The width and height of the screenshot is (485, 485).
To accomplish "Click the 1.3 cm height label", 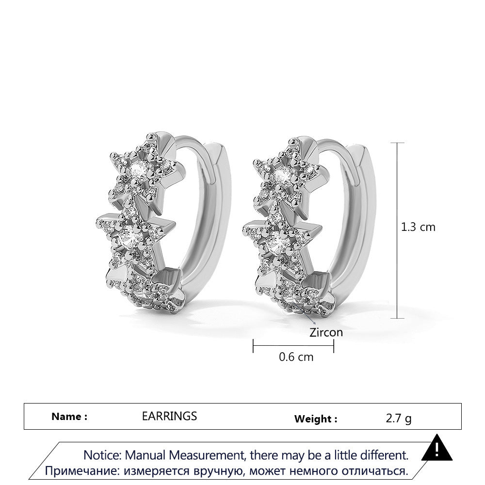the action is (x=418, y=227).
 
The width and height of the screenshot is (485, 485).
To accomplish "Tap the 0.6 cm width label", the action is (x=296, y=357).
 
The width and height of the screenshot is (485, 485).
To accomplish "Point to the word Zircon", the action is (x=326, y=333).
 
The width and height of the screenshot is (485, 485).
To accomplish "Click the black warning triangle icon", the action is (x=437, y=447).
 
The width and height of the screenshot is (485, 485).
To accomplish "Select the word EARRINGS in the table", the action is (x=169, y=416).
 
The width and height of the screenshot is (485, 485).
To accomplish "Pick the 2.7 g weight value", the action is (x=399, y=419).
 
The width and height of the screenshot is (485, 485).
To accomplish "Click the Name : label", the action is (x=69, y=416).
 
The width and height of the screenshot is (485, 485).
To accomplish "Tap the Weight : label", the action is (x=316, y=419).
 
